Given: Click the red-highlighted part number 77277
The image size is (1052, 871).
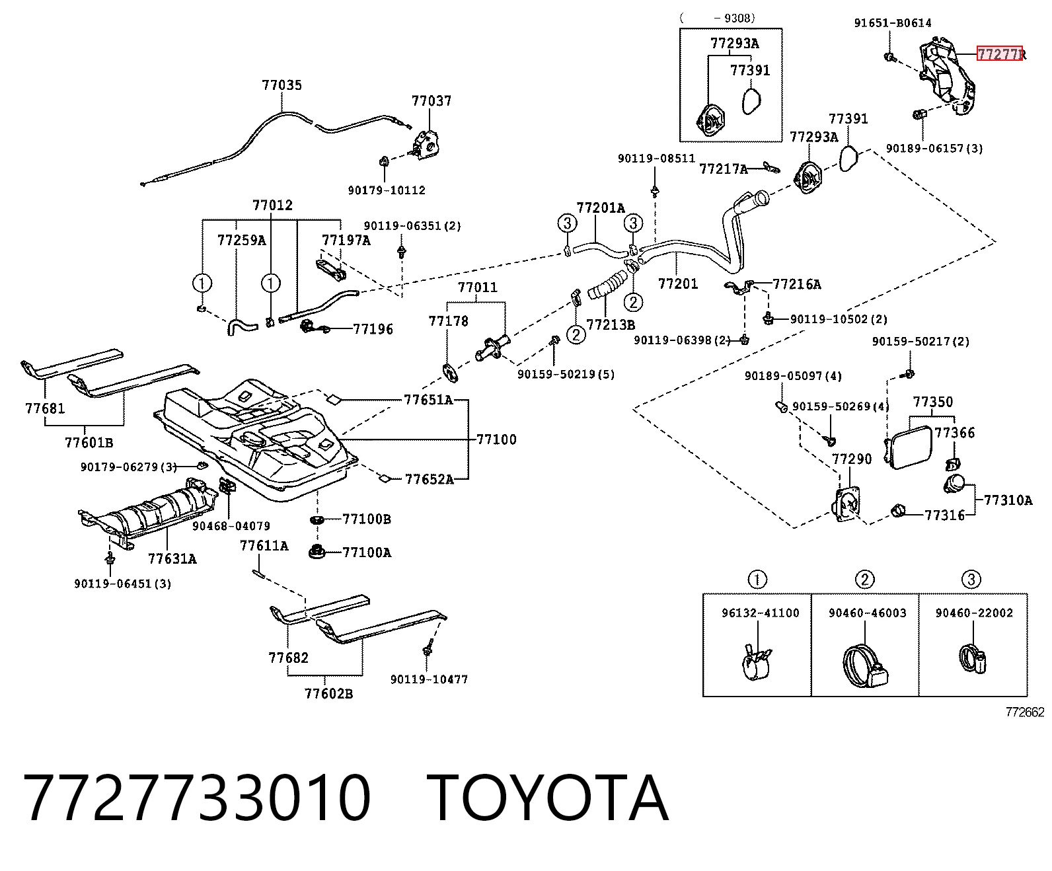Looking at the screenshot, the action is click(999, 54).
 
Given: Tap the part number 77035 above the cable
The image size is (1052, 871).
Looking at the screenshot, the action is click(282, 85).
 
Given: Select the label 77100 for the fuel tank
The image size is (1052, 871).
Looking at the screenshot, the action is click(496, 439).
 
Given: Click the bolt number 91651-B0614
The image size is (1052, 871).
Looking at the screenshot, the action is click(893, 22).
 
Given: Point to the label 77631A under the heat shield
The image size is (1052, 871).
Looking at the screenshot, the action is click(172, 558).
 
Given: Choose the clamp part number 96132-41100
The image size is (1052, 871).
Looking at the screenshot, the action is click(761, 613).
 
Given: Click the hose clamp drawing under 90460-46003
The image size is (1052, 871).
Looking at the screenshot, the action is click(865, 666).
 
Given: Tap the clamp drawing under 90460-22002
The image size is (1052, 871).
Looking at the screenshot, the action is click(973, 658).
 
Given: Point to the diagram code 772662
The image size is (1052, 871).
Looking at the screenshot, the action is click(1025, 712).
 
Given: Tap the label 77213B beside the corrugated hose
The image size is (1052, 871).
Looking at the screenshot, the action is click(611, 324).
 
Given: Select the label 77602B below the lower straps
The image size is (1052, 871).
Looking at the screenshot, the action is click(328, 694).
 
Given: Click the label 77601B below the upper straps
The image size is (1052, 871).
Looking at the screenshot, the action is click(89, 443).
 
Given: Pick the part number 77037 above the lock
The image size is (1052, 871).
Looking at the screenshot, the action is click(432, 101).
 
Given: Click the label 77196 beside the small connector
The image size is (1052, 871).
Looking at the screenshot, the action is click(373, 329).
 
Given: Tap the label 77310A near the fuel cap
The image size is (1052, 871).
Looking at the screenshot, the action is click(1008, 500).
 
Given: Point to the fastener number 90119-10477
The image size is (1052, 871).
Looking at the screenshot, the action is click(430, 679).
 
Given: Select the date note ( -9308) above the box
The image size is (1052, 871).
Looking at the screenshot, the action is click(718, 18).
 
